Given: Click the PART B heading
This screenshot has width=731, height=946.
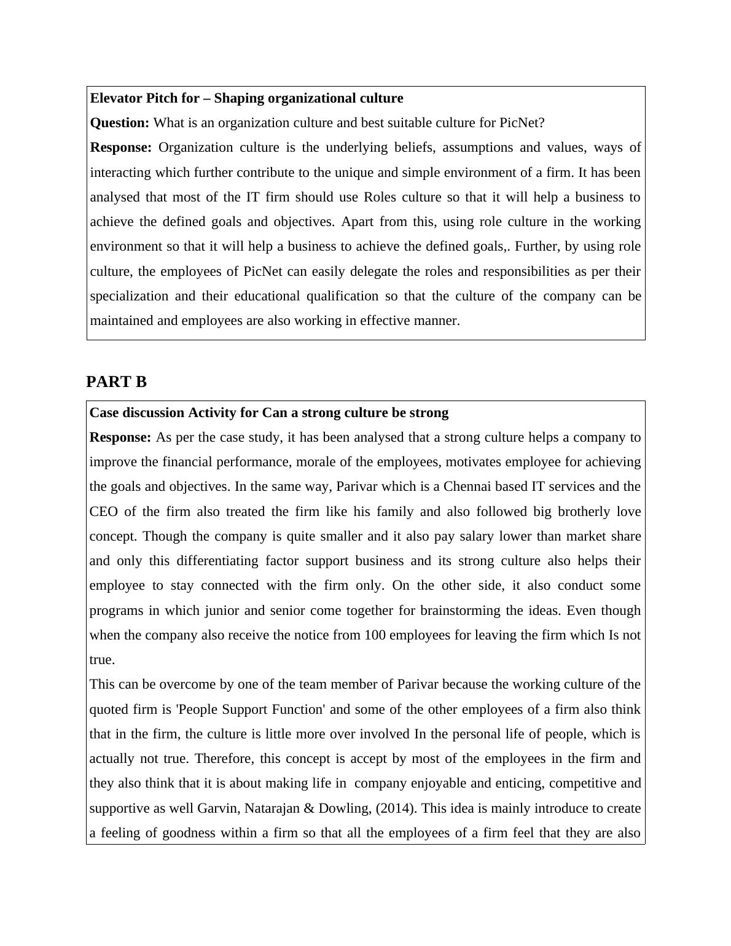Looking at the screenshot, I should (116, 382).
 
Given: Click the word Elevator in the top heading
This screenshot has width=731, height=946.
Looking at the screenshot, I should (114, 98).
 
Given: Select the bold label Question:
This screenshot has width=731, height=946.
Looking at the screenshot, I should (119, 123).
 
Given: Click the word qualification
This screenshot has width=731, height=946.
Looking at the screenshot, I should (342, 296).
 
